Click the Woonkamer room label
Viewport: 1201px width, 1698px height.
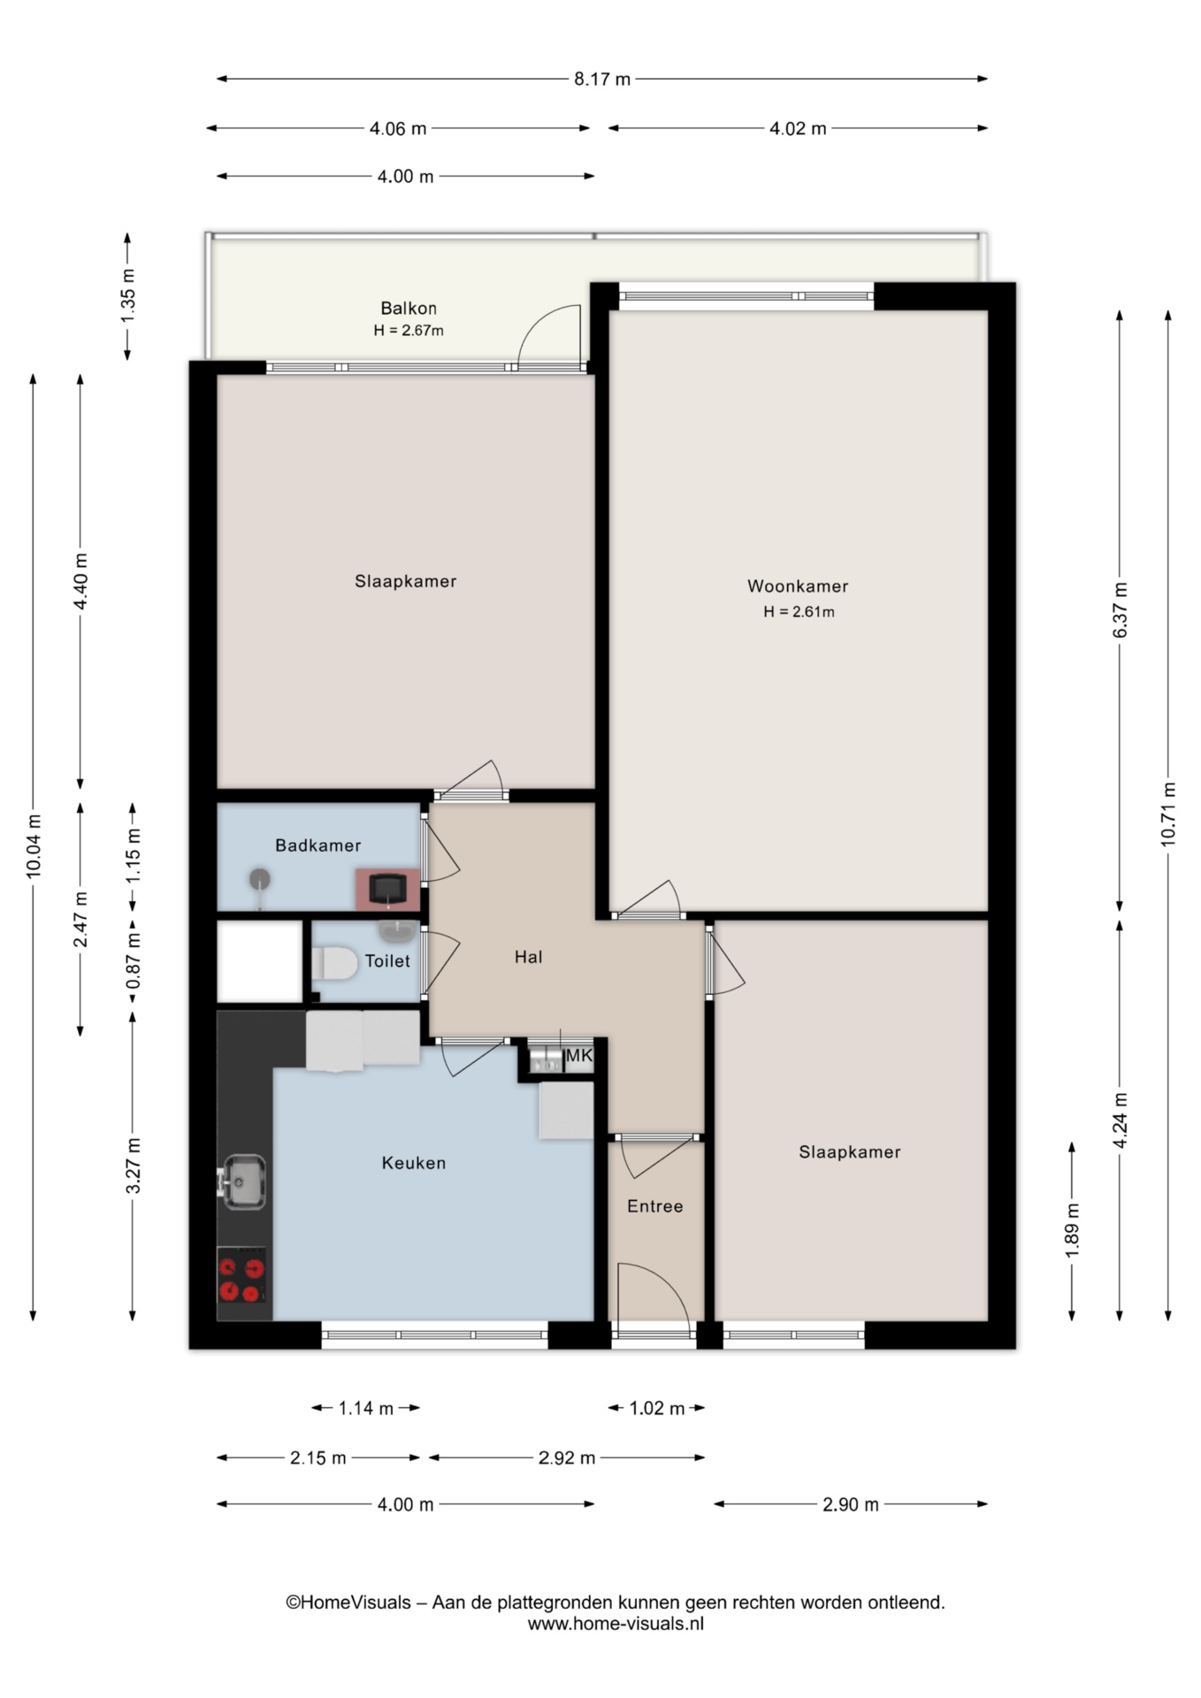797,585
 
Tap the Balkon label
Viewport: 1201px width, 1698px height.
408,308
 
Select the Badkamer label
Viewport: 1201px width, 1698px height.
317,845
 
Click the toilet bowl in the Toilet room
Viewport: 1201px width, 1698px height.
333,963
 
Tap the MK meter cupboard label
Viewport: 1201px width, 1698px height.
578,1055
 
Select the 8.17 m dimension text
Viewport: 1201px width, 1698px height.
602,79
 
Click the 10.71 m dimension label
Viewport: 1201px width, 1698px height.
1168,814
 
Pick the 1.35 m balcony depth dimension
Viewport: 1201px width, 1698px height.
127,294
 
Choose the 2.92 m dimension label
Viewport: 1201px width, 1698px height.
566,1457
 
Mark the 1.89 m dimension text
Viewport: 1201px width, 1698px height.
1072,1230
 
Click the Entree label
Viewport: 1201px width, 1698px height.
654,1206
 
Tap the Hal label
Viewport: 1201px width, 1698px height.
528,957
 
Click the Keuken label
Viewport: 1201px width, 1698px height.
413,1163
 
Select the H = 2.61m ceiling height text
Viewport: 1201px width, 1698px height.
799,611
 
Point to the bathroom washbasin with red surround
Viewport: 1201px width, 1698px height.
387,889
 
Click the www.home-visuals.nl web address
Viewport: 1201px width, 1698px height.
616,1624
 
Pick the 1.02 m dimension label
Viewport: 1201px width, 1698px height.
656,1408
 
